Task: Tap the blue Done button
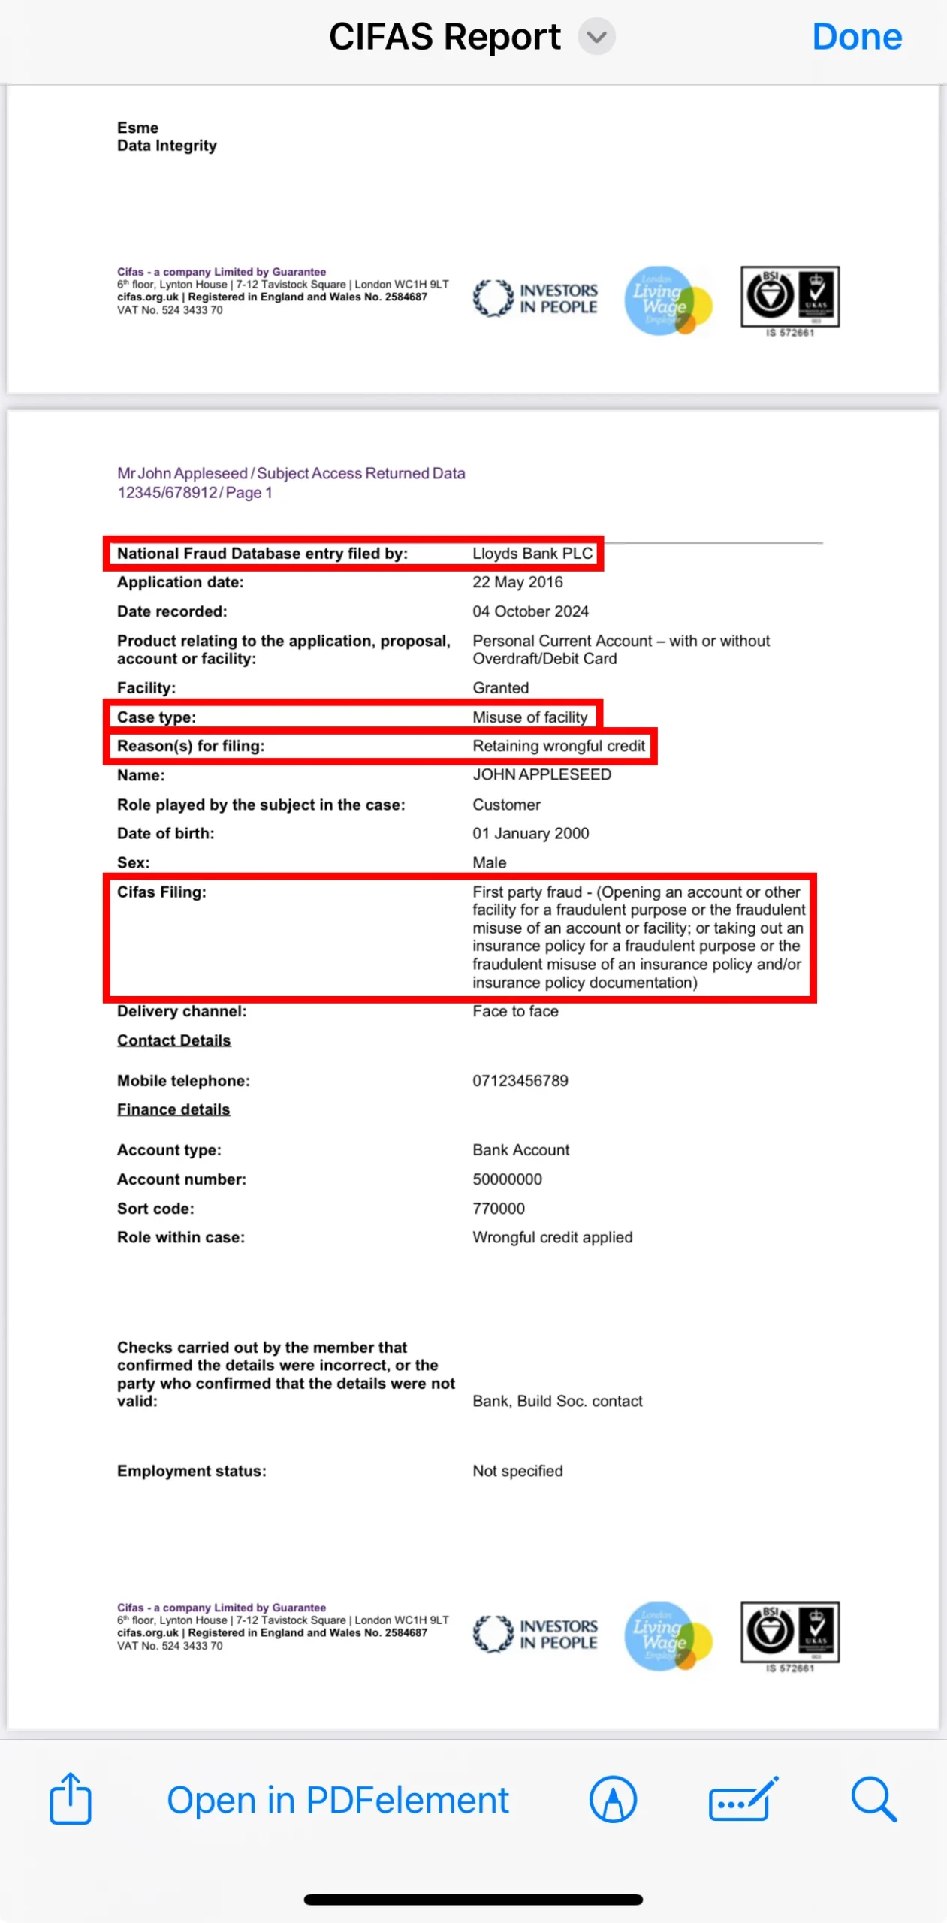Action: coord(856,36)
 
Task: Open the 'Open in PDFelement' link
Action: coord(337,1800)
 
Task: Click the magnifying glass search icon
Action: coord(873,1799)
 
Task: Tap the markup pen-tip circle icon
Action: coord(613,1799)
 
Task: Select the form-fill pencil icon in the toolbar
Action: coord(743,1799)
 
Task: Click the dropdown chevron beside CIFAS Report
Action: coord(596,36)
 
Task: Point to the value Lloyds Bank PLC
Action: coord(532,554)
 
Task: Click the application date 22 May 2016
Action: coord(517,582)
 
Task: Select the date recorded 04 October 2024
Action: coord(530,611)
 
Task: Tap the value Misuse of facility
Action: coord(529,717)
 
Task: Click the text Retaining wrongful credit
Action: coord(558,746)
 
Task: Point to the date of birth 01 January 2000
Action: coord(530,833)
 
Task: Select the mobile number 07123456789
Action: coord(520,1081)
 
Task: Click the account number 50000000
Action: coord(507,1179)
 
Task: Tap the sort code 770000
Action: coord(499,1209)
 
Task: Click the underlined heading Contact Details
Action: coord(173,1040)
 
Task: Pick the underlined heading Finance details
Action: coord(173,1109)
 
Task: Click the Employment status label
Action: coord(192,1471)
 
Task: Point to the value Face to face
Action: coord(515,1011)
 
